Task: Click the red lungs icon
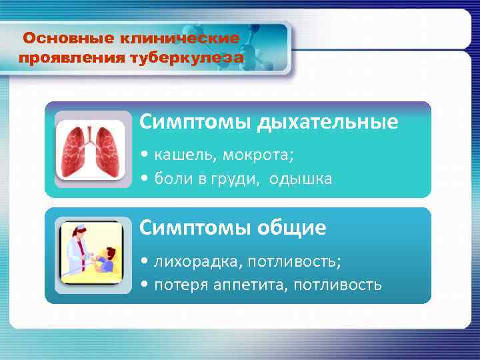pyautogui.click(x=90, y=149)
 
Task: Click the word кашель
pyautogui.click(x=178, y=155)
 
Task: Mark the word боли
pyautogui.click(x=173, y=179)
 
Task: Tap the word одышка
pyautogui.click(x=301, y=179)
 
